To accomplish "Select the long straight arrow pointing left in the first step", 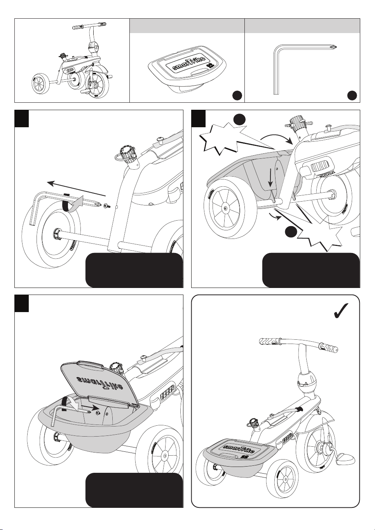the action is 76,189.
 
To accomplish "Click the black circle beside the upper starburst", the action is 239,119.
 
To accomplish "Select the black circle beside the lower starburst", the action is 291,232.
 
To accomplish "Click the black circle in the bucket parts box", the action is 237,95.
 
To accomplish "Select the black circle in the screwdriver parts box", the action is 352,95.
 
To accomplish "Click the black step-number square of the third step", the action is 22,304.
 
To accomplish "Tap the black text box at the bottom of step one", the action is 134,270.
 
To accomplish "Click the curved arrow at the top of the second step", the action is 277,139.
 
